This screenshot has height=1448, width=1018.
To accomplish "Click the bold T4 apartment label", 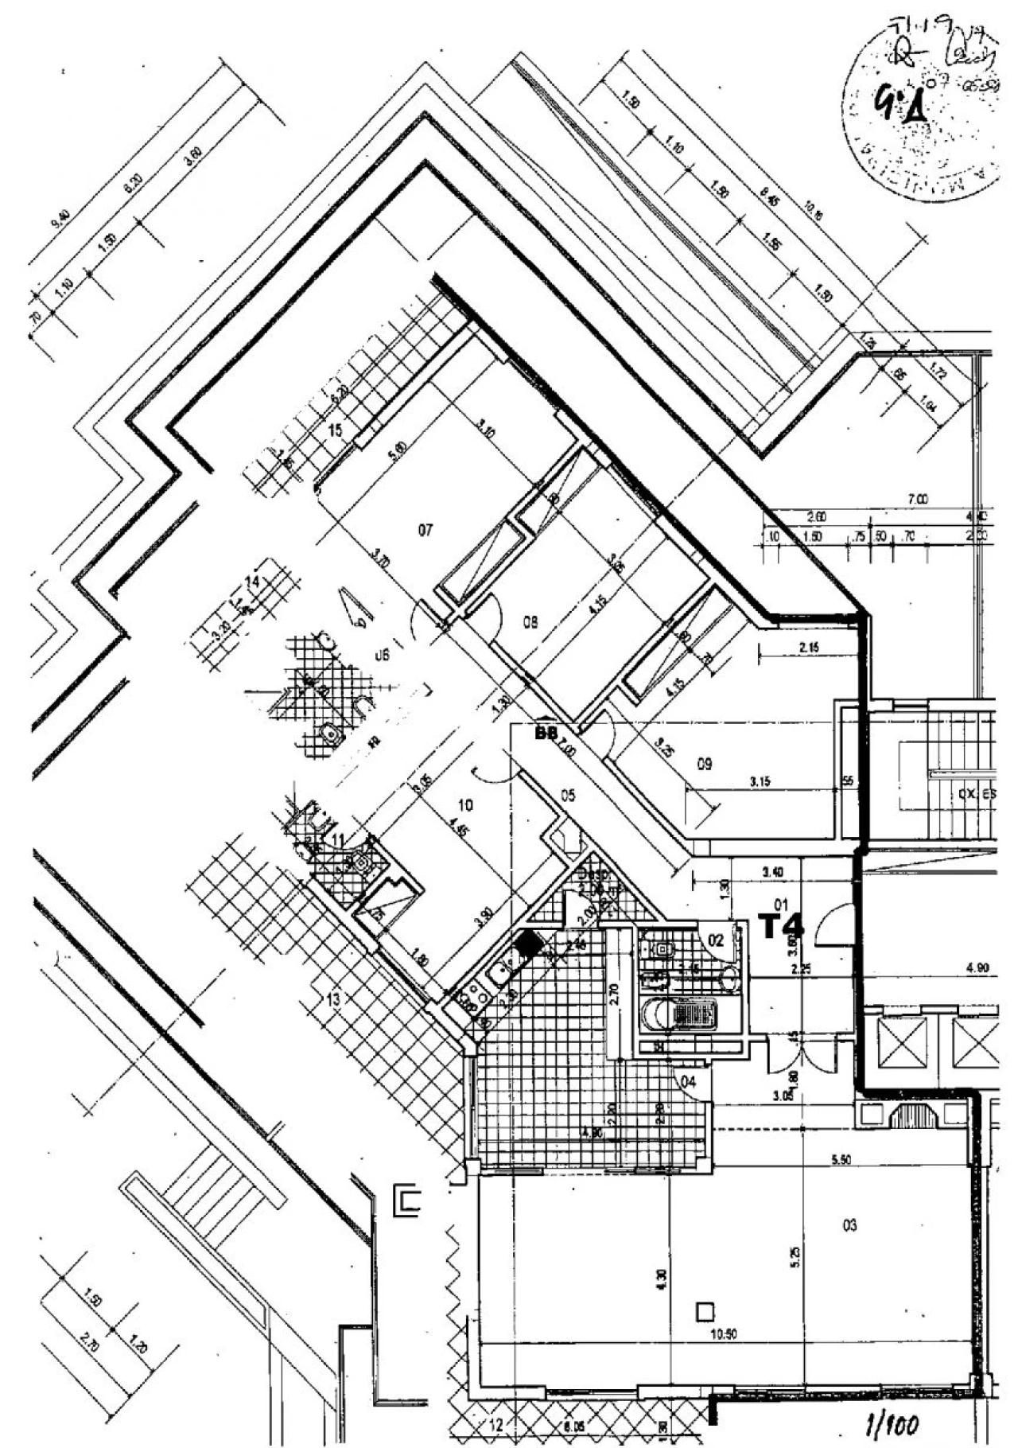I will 781,925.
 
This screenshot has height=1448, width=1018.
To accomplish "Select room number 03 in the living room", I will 849,1225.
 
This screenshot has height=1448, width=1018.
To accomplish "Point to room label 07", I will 425,529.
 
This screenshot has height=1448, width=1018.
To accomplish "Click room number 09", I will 704,765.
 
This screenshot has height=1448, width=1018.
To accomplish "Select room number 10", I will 466,805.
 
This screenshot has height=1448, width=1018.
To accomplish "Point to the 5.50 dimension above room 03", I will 841,1160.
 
